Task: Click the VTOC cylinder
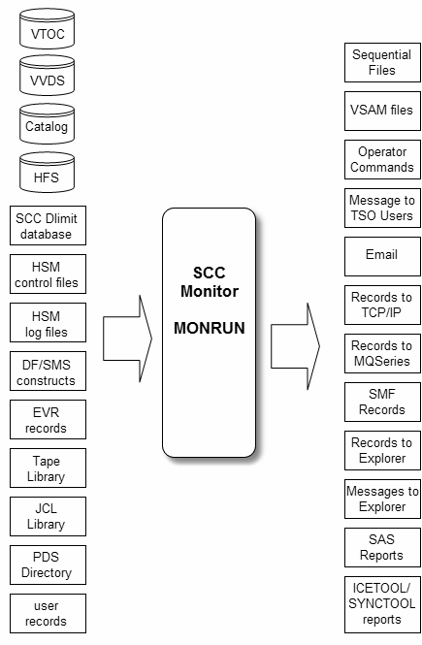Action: [x=47, y=28]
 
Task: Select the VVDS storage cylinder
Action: [x=47, y=76]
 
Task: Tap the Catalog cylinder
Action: [x=47, y=124]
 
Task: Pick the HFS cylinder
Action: [x=47, y=173]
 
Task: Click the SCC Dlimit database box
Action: [x=49, y=226]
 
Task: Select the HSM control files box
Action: [x=49, y=274]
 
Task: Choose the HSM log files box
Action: [x=49, y=323]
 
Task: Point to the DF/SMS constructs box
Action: [x=49, y=371]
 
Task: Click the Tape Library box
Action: [x=49, y=468]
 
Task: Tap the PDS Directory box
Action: [x=49, y=565]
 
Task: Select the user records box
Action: [x=49, y=614]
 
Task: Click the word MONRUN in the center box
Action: [x=210, y=328]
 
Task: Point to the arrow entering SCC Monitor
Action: [x=127, y=339]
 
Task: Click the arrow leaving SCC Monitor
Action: [x=295, y=346]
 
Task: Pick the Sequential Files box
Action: [x=382, y=62]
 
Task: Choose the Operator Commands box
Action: [x=382, y=160]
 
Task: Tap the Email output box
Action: [x=382, y=257]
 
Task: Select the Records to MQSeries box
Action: [x=382, y=354]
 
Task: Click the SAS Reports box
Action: [x=382, y=548]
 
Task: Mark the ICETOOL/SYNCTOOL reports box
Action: [x=382, y=604]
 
